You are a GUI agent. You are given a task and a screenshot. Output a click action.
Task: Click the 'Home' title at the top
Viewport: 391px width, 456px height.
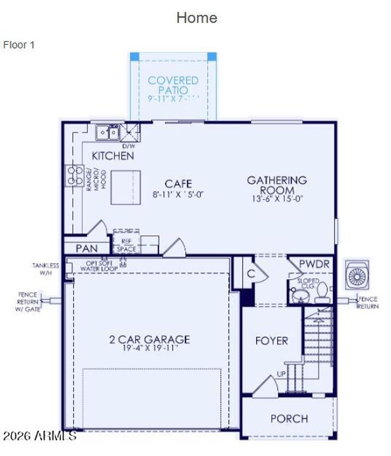point(196,18)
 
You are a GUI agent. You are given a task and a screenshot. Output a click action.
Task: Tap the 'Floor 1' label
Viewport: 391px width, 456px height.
point(19,45)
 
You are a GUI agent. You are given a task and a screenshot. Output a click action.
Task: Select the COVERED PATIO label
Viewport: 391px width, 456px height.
point(173,85)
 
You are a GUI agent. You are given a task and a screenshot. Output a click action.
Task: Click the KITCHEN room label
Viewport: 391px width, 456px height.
point(112,156)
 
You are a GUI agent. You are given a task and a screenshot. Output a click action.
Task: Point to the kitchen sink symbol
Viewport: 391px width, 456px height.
point(108,132)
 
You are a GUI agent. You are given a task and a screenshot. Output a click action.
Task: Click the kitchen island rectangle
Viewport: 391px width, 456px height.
point(125,179)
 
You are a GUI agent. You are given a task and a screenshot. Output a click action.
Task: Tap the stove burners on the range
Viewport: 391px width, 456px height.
point(74,175)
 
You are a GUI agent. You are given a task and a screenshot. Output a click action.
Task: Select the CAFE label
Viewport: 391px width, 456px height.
point(178,183)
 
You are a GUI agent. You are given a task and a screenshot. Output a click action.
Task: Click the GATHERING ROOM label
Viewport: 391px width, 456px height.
point(277,184)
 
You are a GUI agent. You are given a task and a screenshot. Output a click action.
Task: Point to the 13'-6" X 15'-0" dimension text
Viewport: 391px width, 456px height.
point(277,199)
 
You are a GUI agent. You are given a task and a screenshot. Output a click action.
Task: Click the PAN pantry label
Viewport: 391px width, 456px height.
point(86,248)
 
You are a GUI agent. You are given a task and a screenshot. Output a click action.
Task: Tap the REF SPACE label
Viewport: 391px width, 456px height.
point(126,246)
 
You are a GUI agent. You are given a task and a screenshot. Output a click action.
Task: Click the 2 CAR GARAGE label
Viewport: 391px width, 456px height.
point(149,340)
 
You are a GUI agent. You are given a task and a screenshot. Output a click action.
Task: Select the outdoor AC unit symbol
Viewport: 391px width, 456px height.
point(357,276)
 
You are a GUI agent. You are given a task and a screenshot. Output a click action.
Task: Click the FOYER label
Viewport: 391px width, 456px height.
point(271,341)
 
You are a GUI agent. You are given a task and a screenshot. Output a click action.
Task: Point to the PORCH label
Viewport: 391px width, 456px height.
point(289,419)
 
